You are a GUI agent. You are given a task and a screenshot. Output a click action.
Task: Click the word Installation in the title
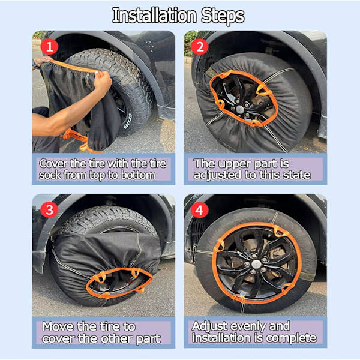pos(155,16)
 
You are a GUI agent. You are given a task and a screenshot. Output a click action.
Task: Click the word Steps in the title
pos(223,17)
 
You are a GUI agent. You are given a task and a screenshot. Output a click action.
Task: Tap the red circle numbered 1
pos(49,47)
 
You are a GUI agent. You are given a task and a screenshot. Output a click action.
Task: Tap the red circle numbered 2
pos(200,47)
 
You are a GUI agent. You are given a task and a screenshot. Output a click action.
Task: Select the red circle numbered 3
pos(49,210)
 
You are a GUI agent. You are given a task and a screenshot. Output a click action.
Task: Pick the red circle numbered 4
pos(200,210)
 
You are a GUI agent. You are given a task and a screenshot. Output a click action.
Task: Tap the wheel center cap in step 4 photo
pos(256,264)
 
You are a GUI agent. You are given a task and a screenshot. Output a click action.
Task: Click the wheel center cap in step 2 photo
pos(240,109)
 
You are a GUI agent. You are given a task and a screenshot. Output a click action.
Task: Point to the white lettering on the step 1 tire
pos(127,121)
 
